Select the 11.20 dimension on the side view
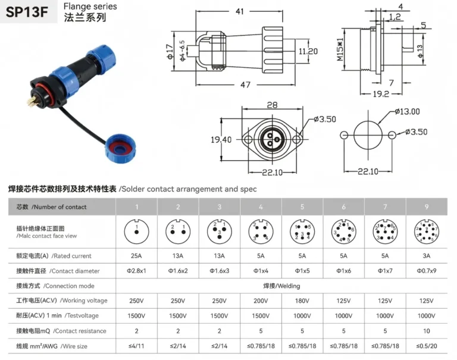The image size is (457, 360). pyautogui.click(x=308, y=52)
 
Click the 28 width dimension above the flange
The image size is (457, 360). pyautogui.click(x=273, y=105)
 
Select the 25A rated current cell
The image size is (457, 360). pyautogui.click(x=136, y=256)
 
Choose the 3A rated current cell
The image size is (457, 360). pyautogui.click(x=427, y=256)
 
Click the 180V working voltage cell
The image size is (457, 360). pyautogui.click(x=302, y=300)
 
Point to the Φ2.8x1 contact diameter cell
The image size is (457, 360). pyautogui.click(x=136, y=271)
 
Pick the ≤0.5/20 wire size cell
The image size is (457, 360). pyautogui.click(x=427, y=346)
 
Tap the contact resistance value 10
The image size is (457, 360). pyautogui.click(x=427, y=331)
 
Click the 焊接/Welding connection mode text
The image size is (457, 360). pyautogui.click(x=281, y=286)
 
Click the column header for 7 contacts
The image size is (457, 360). pyautogui.click(x=385, y=207)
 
